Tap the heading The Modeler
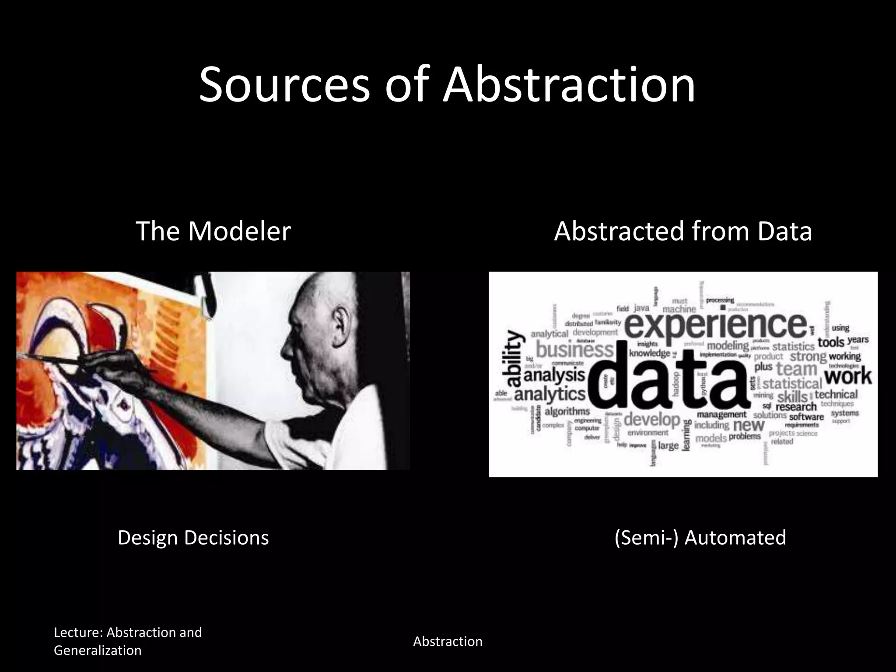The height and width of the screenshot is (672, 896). pyautogui.click(x=213, y=231)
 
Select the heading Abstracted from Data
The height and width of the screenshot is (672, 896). pyautogui.click(x=683, y=231)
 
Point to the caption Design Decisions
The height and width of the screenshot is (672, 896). pyautogui.click(x=193, y=538)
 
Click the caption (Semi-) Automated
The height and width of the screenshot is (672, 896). pyautogui.click(x=700, y=538)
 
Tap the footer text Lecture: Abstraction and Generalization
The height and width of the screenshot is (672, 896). pyautogui.click(x=128, y=641)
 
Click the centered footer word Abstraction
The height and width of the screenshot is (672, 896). pyautogui.click(x=448, y=641)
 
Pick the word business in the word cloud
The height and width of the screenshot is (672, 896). pyautogui.click(x=575, y=350)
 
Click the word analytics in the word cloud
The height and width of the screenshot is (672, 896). pyautogui.click(x=549, y=394)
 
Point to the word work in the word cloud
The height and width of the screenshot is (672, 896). pyautogui.click(x=847, y=376)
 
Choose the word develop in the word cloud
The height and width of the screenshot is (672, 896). pyautogui.click(x=651, y=420)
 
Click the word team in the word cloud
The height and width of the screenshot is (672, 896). pyautogui.click(x=796, y=368)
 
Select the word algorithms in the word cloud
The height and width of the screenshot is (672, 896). pyautogui.click(x=567, y=412)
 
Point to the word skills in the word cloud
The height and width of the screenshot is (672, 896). pyautogui.click(x=792, y=397)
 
